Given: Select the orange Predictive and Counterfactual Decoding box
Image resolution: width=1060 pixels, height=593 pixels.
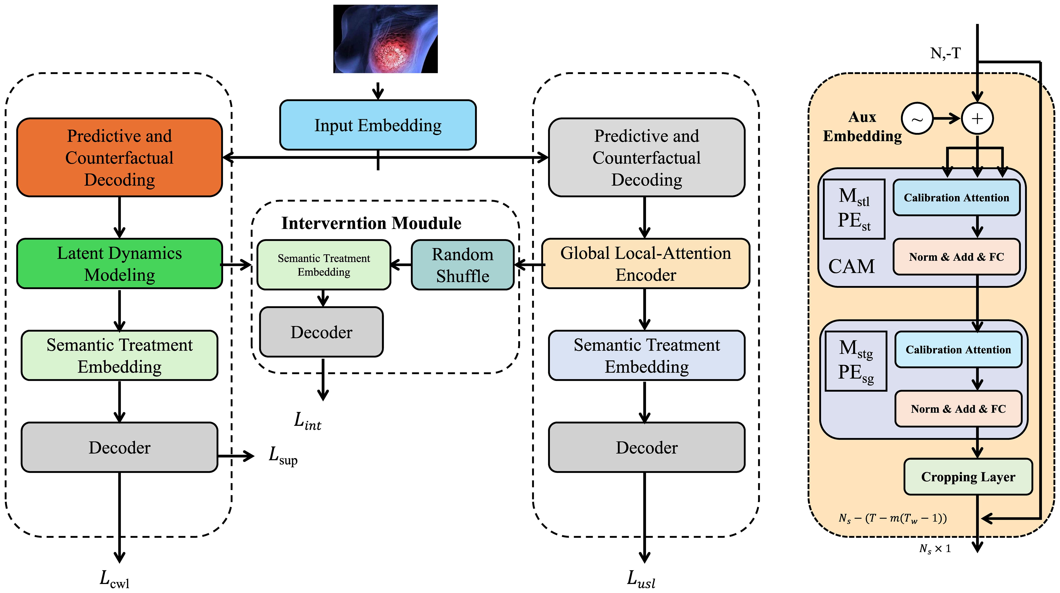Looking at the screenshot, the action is coord(119,158).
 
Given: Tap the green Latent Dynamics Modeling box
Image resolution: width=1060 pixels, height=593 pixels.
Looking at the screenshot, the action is coord(119,264).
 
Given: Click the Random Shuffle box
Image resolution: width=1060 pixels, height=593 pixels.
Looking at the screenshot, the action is coord(462,265).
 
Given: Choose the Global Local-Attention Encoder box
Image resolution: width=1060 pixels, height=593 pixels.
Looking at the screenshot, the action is coord(646,264).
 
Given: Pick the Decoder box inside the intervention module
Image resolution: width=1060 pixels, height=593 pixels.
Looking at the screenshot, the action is coord(321,332).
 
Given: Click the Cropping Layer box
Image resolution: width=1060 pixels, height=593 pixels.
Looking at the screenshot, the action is coord(968,477).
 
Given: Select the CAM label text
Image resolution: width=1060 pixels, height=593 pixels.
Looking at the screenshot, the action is coord(851,266).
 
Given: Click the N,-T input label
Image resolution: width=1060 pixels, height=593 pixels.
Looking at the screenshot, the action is coord(945,53).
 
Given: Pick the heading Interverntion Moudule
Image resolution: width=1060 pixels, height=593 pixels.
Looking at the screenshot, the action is coord(371,223).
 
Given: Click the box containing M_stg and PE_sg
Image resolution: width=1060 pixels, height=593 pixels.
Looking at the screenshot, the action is coord(856,361).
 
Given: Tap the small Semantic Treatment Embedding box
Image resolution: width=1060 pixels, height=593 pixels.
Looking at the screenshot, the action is coord(324,265).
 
